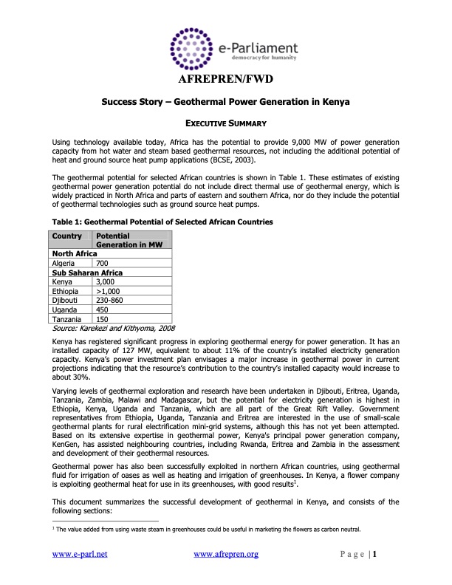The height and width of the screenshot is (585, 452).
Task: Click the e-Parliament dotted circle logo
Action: (x=194, y=48)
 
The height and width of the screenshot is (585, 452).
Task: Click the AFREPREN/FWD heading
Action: (x=225, y=80)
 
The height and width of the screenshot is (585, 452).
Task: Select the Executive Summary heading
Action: (x=225, y=122)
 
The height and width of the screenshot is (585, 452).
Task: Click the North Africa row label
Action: (x=75, y=253)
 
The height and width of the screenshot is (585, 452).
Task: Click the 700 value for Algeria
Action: (x=103, y=263)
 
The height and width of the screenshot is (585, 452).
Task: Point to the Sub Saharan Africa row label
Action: (x=87, y=273)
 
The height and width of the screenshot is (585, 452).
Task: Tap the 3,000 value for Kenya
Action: (x=106, y=281)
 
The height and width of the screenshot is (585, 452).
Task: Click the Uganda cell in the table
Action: (x=65, y=310)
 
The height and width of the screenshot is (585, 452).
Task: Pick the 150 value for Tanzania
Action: (x=103, y=320)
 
